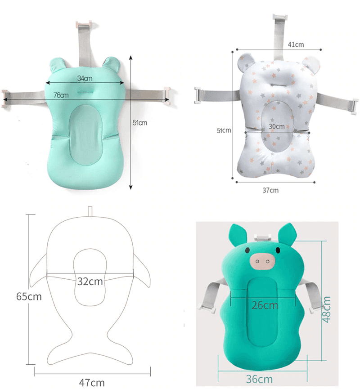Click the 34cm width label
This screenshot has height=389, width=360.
coord(85,78)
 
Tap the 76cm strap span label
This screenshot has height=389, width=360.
coord(61,95)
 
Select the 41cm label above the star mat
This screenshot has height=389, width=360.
coord(296,45)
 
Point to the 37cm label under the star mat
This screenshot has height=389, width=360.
coord(270,190)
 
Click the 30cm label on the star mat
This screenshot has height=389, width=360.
coord(276,126)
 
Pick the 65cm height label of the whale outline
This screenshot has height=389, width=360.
coord(29,296)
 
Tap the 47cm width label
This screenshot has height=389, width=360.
coord(92,382)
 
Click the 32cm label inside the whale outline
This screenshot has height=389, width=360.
coord(90,282)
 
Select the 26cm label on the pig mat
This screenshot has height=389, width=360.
coord(265,305)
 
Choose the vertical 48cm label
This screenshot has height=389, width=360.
coord(327,309)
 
